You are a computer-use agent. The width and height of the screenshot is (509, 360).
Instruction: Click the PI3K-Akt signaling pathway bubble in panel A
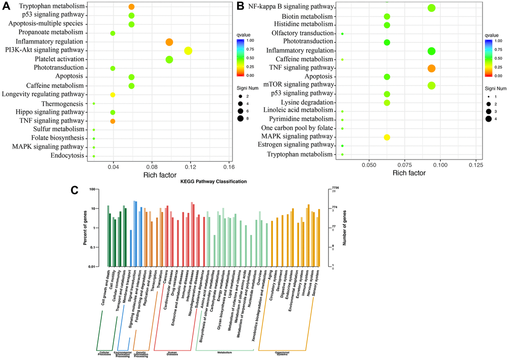point(188,50)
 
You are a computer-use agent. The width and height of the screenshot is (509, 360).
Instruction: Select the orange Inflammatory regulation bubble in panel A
point(169,42)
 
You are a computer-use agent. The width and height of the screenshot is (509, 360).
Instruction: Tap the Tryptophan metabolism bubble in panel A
point(131,7)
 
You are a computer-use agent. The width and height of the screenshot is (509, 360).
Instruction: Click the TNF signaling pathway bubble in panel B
point(432,68)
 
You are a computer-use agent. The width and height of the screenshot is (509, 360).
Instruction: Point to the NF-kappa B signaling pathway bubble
point(432,8)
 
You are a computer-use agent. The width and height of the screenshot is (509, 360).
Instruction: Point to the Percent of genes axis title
point(85,228)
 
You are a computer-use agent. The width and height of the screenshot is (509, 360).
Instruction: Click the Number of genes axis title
point(344,228)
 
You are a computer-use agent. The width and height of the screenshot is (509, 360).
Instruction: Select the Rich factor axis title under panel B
point(409,174)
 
